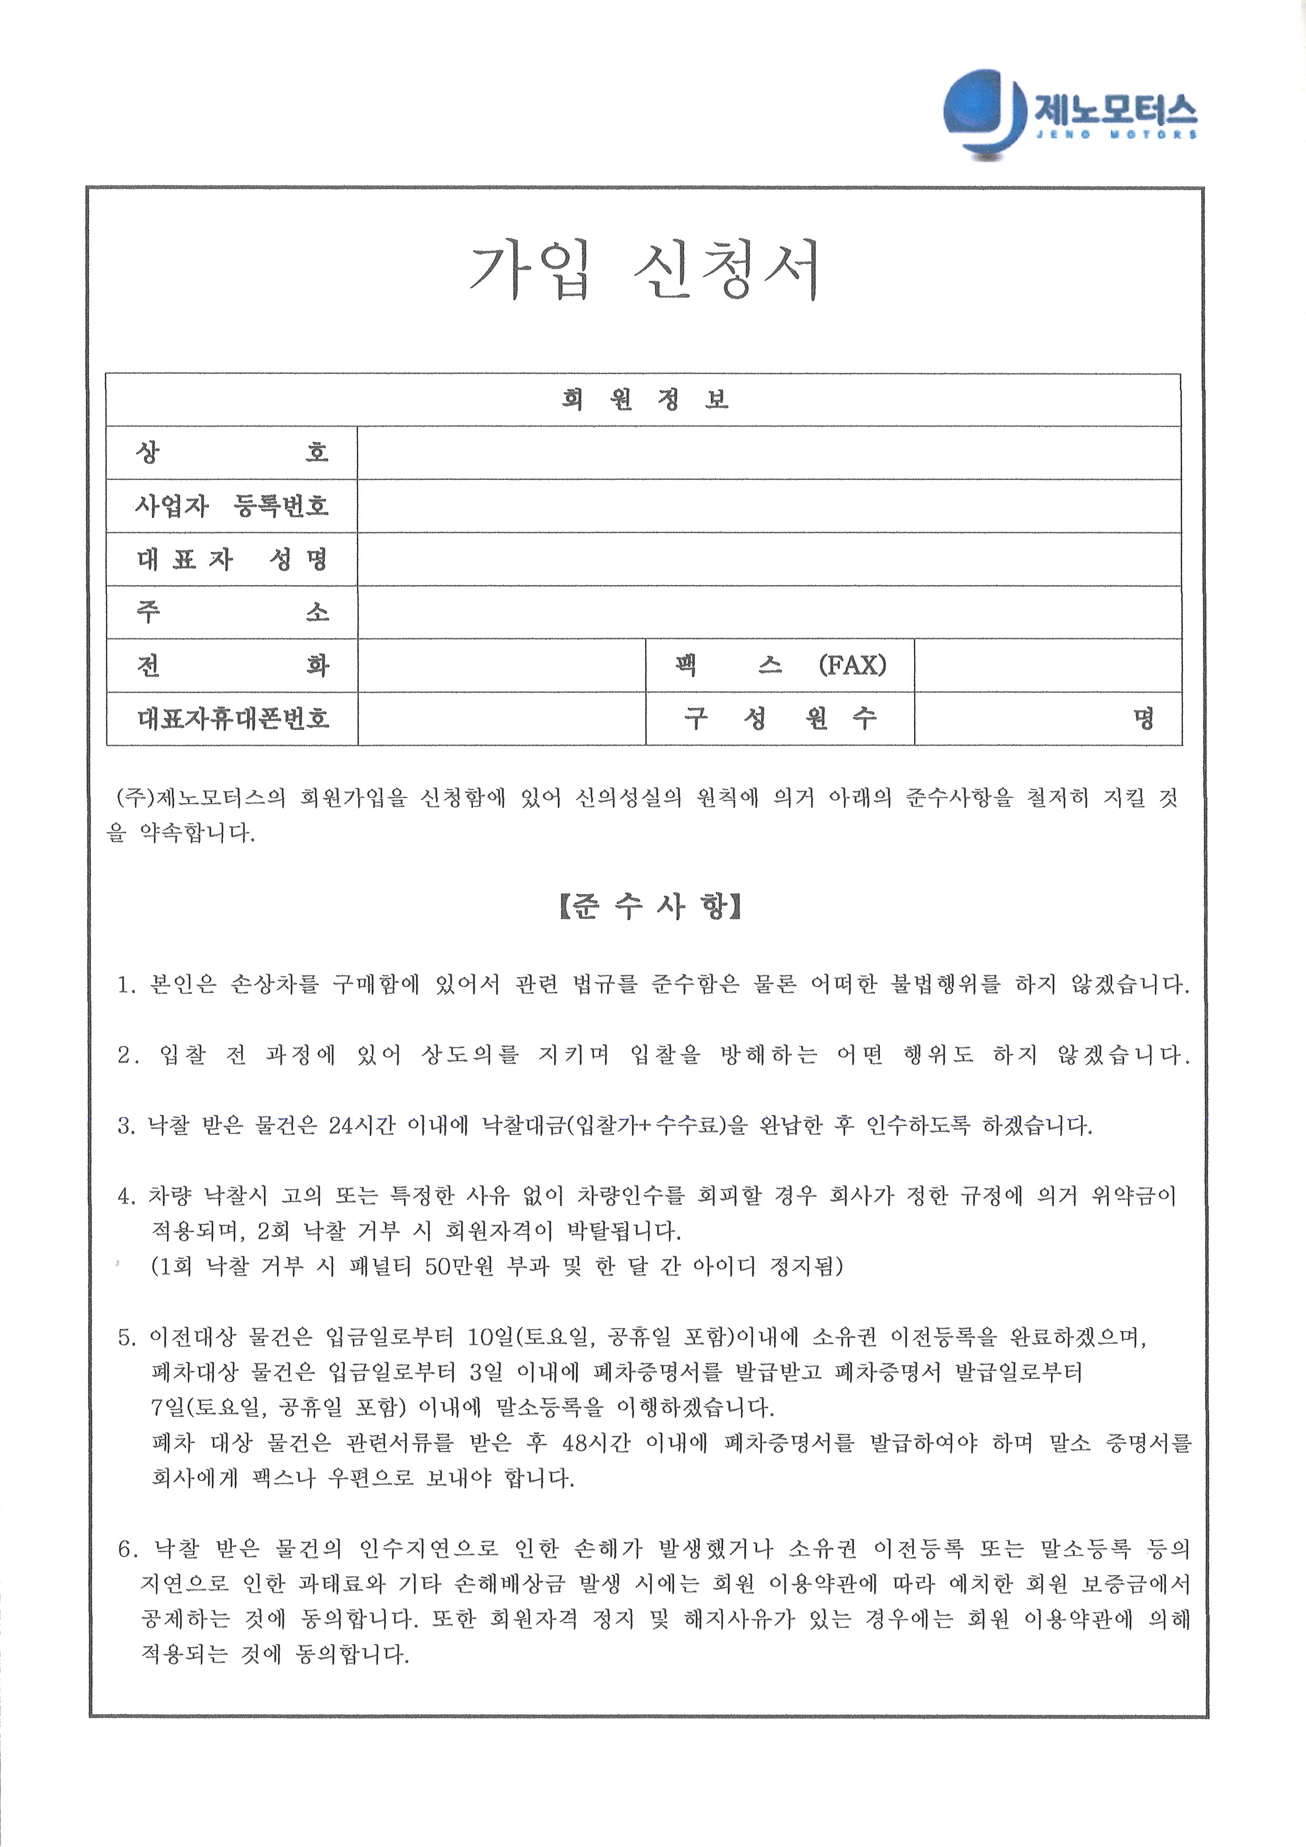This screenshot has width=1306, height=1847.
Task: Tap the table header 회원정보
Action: [x=644, y=400]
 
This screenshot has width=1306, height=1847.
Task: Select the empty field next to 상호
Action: [x=768, y=453]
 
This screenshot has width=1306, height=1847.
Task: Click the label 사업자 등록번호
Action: [x=232, y=506]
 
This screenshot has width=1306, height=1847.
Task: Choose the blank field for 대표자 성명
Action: [x=768, y=559]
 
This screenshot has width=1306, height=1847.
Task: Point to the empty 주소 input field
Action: [x=768, y=612]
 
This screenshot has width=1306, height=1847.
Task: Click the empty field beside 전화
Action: [x=501, y=665]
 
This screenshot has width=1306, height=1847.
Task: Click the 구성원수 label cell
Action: [x=779, y=718]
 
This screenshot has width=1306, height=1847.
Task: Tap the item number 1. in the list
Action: [x=127, y=985]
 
